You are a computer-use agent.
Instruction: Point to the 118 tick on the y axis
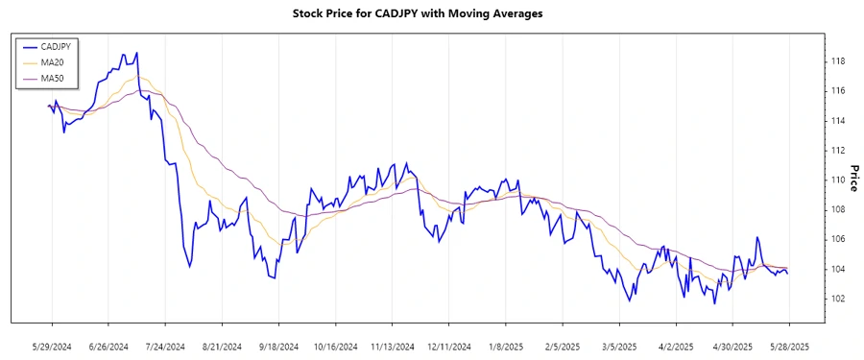coord(836,61)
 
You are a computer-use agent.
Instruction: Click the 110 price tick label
coord(836,180)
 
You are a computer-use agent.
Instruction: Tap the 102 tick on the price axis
coord(836,299)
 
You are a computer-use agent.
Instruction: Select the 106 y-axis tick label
coord(836,239)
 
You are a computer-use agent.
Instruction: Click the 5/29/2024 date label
coord(52,347)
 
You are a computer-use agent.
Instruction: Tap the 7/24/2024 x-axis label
coord(165,347)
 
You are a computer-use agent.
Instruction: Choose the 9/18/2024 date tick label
coord(278,347)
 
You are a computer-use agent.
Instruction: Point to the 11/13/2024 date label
coord(392,347)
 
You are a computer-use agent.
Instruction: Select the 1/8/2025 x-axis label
coord(505,347)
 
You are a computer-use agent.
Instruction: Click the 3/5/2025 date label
coord(619,347)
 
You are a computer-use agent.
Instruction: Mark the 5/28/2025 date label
coord(789,347)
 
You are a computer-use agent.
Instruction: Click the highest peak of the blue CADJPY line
coord(136,53)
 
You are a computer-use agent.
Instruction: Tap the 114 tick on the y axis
coord(836,121)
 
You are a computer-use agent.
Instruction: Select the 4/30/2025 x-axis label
coord(732,347)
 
